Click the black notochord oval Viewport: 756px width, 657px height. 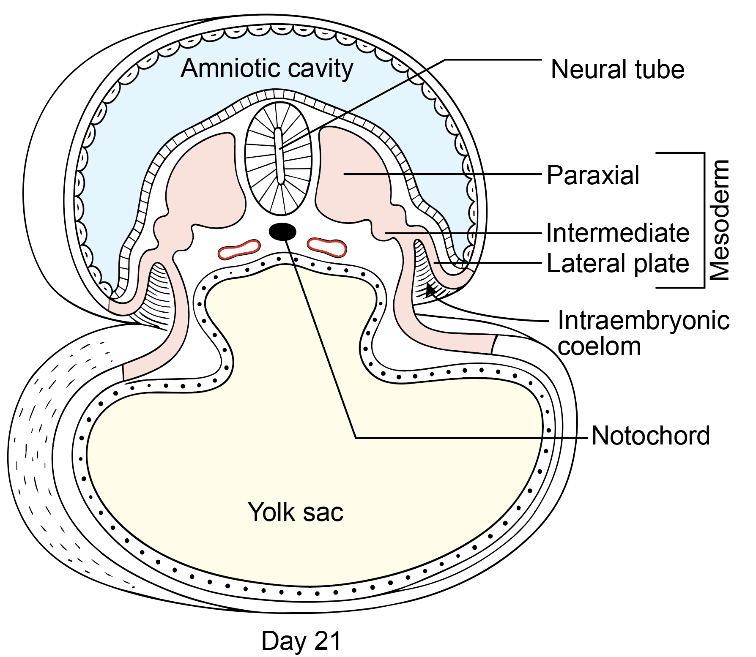pos(282,232)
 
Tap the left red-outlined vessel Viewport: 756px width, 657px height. pos(239,249)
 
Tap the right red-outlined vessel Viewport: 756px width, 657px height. pos(327,248)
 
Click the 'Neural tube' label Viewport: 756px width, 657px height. pos(617,70)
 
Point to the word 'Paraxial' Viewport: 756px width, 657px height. pos(593,175)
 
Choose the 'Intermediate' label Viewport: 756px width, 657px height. pos(617,233)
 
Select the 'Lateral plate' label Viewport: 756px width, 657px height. pos(617,264)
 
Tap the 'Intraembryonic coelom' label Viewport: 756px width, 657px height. pos(643,334)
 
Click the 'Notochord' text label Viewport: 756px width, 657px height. pos(650,436)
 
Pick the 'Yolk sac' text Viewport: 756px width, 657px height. pos(295,513)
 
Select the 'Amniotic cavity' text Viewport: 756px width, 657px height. pos(267,68)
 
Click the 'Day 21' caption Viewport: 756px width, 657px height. pos(301,641)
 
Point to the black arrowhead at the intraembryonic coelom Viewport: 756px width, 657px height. pos(430,290)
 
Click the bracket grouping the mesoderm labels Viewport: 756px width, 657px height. pos(704,220)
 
